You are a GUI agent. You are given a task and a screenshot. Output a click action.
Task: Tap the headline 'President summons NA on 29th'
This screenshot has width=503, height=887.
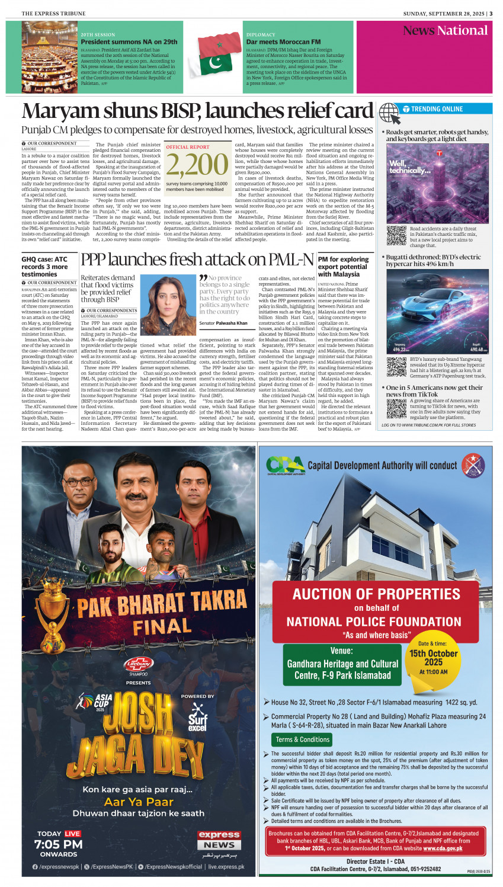[129, 42]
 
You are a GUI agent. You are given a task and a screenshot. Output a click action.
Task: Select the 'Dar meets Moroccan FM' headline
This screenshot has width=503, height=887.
[283, 42]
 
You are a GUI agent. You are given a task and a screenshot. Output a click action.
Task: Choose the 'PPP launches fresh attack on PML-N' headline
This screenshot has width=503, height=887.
[197, 260]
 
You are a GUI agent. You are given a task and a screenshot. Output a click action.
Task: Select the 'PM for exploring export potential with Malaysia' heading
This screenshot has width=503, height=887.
[344, 267]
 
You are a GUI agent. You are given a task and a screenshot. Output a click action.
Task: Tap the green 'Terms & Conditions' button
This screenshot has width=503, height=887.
[302, 739]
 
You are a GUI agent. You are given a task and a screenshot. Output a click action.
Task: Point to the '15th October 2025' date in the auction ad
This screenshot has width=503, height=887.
[433, 657]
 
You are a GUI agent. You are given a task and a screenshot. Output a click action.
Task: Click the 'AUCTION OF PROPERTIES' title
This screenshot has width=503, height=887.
[376, 594]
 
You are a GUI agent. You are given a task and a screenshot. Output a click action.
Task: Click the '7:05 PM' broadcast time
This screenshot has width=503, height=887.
[59, 844]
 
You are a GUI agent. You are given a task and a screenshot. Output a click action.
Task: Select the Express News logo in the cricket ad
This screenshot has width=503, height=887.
[219, 840]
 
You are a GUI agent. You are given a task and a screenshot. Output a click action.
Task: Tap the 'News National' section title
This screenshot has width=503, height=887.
[445, 31]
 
